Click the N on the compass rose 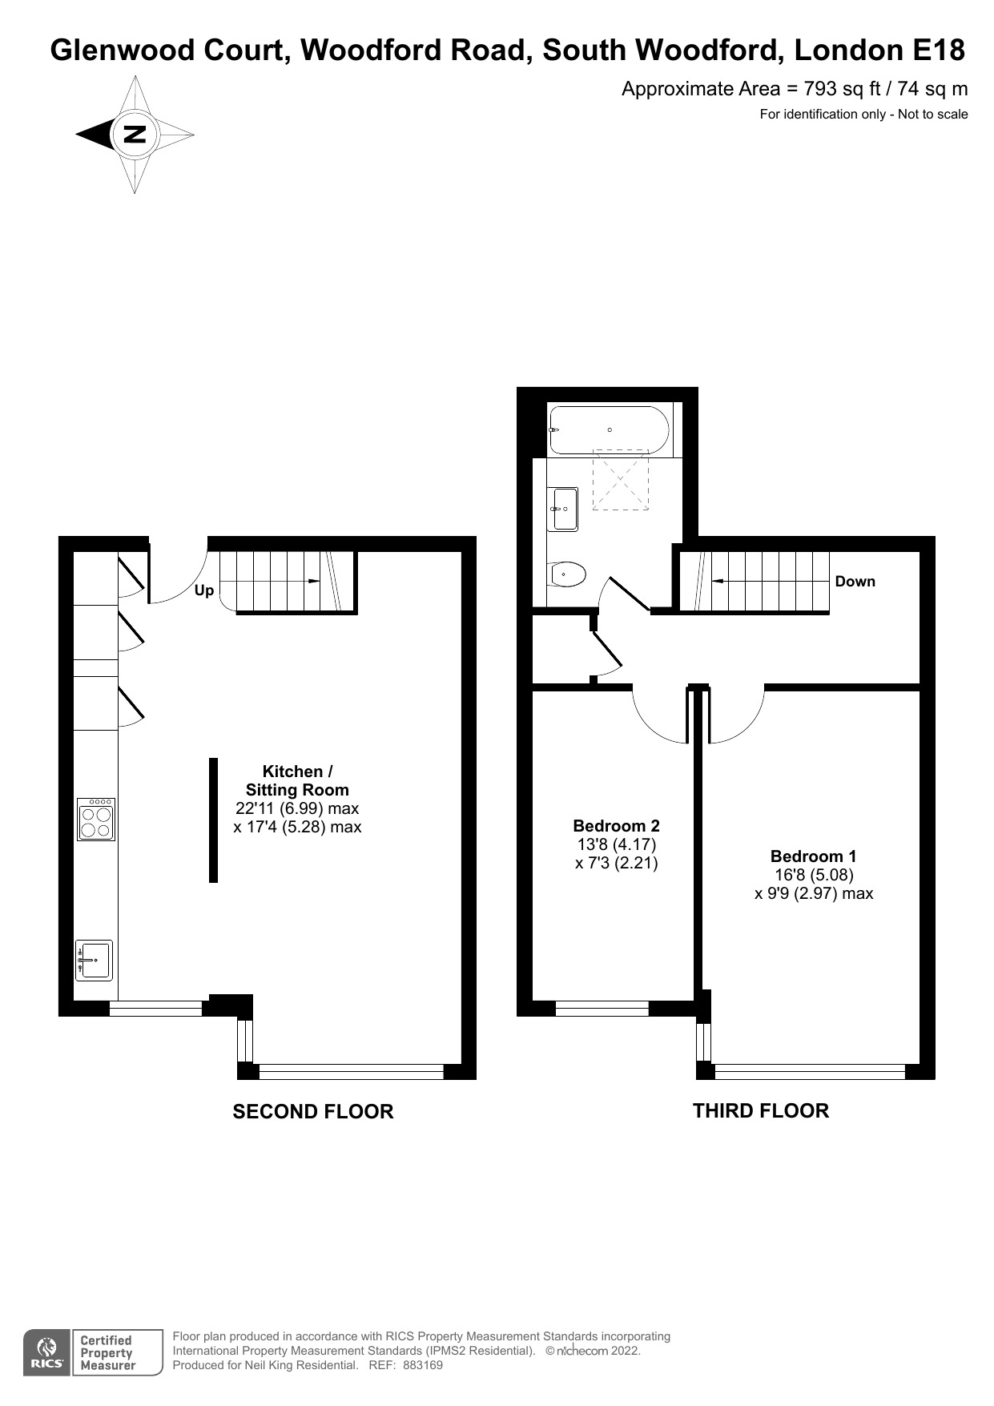coord(135,134)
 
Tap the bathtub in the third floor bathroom coord(610,430)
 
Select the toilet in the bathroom coord(568,574)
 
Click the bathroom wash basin coord(564,509)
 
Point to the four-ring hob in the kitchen coord(96,819)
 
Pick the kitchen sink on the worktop coord(95,960)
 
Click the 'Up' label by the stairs coord(204,590)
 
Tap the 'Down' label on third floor coord(855,582)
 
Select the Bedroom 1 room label coord(813,856)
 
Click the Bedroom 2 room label coord(616,826)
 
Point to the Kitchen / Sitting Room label coord(297,780)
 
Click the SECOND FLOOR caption coord(312,1112)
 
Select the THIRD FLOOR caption coord(760,1111)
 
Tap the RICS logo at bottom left coord(47,1353)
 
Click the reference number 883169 coord(422,1365)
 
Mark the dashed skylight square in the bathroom coord(620,479)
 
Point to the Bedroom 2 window coord(602,1009)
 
